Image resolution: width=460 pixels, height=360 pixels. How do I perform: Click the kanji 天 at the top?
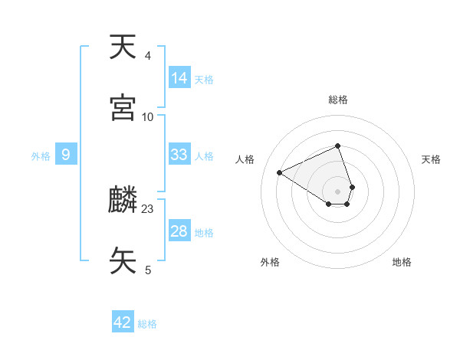tap(123, 47)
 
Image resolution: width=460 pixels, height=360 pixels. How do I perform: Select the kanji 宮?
tap(123, 108)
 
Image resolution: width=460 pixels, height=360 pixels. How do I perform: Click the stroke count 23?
tap(148, 208)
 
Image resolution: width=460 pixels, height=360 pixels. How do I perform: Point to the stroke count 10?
tap(148, 116)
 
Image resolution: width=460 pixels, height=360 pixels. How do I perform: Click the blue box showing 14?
tap(179, 78)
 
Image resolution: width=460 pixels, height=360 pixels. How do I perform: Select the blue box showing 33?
tap(179, 155)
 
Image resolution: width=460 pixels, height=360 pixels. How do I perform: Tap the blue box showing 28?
tap(179, 231)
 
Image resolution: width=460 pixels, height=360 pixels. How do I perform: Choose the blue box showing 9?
tap(66, 155)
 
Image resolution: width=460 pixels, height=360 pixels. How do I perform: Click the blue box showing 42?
tap(123, 322)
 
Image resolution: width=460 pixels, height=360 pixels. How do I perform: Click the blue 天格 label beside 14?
tap(204, 79)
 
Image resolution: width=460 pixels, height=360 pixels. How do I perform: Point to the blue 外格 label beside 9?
tap(41, 155)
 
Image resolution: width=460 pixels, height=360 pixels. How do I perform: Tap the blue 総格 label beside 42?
tap(147, 324)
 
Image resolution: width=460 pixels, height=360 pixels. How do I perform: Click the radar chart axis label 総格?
tap(338, 100)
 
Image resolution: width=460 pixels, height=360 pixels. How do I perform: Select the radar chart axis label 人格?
tap(245, 159)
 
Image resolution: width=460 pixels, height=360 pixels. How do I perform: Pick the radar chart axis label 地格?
tap(402, 262)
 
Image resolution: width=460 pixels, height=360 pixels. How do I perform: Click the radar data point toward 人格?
tap(280, 172)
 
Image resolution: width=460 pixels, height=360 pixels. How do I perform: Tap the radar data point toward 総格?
tap(338, 146)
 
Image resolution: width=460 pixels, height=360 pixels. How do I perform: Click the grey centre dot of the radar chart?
tap(338, 191)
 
